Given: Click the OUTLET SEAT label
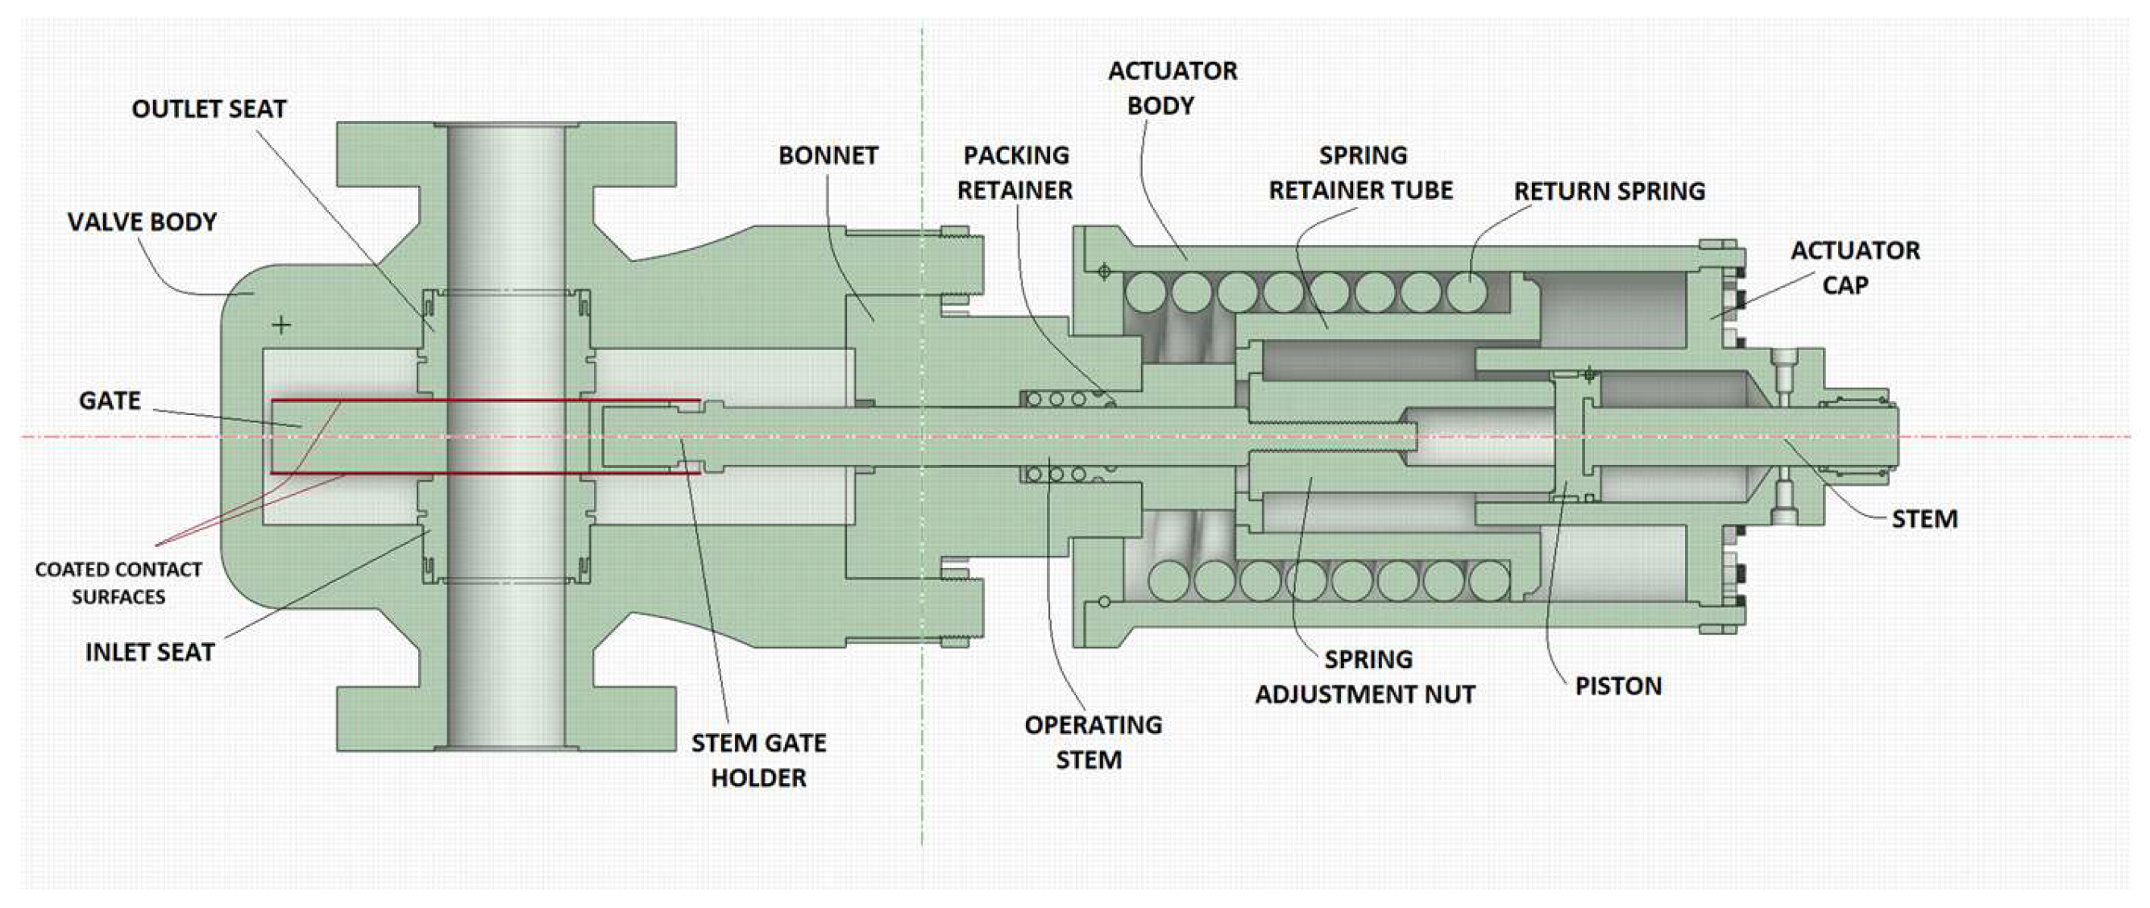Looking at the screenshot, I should point(209,110).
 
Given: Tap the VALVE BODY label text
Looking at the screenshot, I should point(142,222).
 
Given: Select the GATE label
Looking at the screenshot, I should point(110,401).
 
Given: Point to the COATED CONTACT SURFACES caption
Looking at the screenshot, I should point(118,583).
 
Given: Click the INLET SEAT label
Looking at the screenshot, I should point(150,653).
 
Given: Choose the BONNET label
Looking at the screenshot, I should point(828,156).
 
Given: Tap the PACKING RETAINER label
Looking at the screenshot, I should point(1015,172).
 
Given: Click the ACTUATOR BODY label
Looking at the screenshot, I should point(1172,89).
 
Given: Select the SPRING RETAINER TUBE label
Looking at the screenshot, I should point(1361,173).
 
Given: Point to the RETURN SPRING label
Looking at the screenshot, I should point(1609,192).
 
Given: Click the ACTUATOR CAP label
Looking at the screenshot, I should point(1854,268).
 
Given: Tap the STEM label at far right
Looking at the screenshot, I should point(1924,519).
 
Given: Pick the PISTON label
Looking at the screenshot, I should point(1618,686).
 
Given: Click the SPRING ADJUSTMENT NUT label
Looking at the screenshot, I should point(1365,677).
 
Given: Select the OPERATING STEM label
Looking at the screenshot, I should point(1093,743).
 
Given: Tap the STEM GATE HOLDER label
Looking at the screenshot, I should point(758,761).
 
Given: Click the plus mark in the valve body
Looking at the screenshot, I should point(281,325).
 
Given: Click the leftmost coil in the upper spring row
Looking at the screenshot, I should point(1146,293).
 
